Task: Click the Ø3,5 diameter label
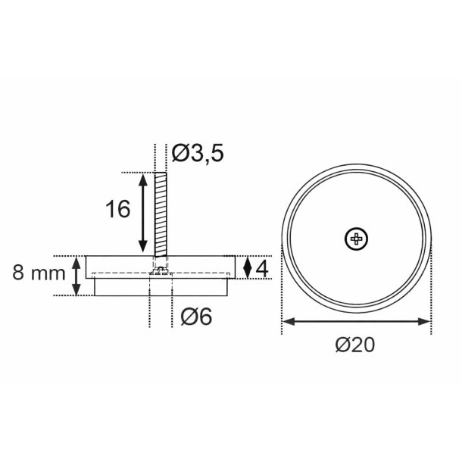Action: point(198,154)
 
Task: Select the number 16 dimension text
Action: point(119,209)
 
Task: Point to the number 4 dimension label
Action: point(262,268)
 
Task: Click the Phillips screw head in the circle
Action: point(357,239)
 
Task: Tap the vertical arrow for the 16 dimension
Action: point(142,214)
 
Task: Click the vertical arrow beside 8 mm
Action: point(76,276)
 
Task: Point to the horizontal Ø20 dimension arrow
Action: point(357,321)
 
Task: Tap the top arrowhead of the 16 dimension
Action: point(142,177)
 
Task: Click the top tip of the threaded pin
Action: point(161,173)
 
